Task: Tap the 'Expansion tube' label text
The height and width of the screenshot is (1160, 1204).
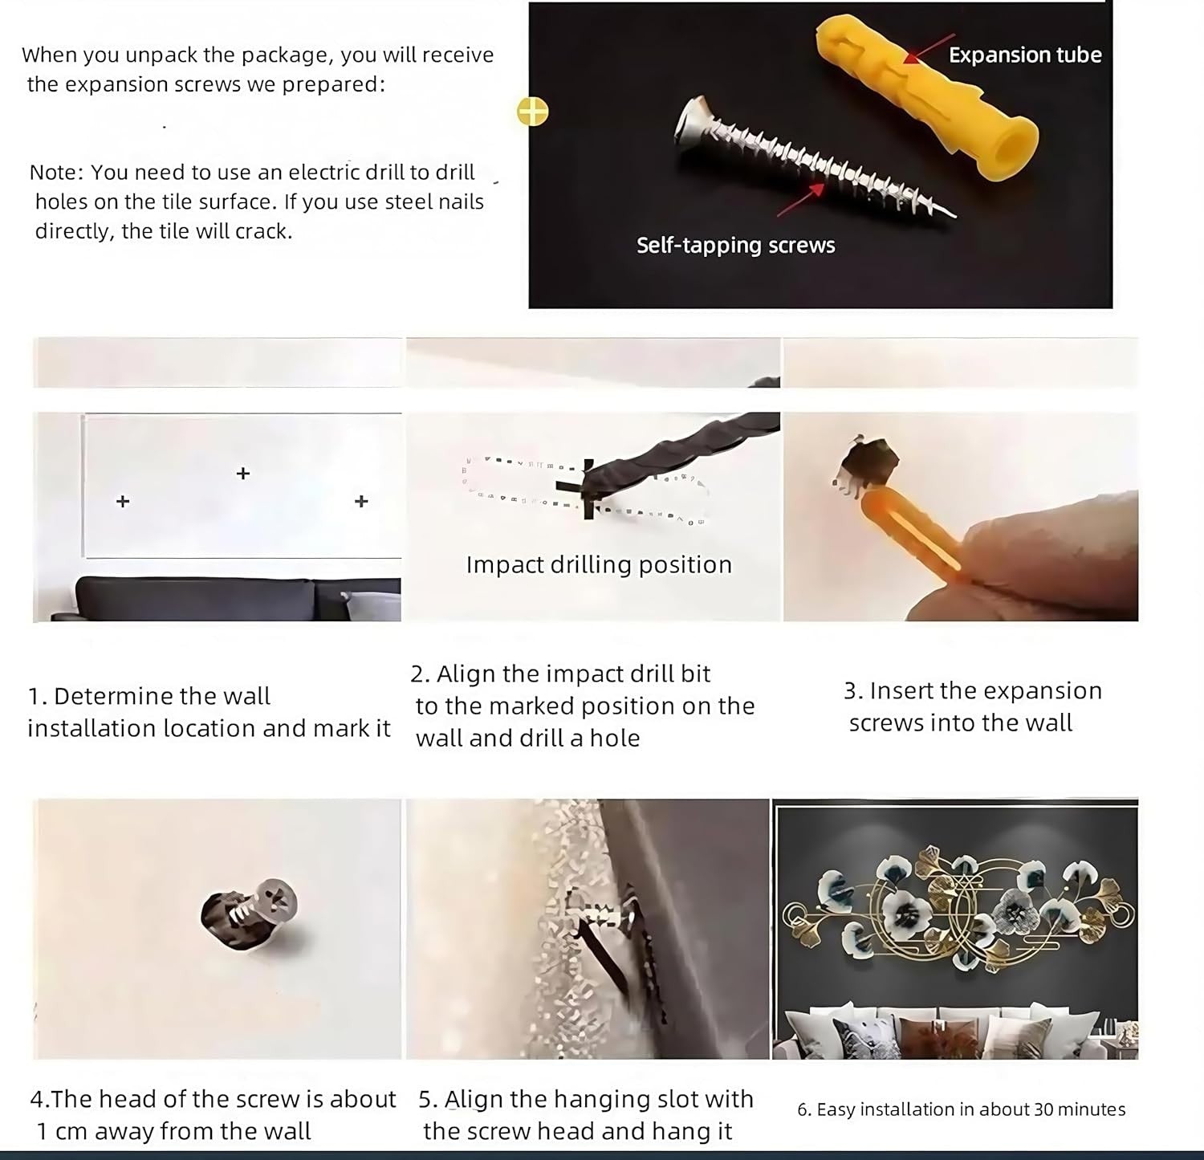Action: (x=1025, y=55)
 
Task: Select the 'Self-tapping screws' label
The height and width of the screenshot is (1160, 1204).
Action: (x=735, y=245)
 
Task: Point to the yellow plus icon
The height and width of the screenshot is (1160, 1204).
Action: (x=532, y=112)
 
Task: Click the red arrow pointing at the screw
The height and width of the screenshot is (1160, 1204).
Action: (x=801, y=200)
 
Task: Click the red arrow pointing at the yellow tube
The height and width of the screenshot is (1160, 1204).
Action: (x=929, y=48)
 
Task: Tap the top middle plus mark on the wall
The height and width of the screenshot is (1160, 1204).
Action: (x=243, y=474)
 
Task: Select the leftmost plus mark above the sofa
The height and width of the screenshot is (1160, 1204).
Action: (x=123, y=501)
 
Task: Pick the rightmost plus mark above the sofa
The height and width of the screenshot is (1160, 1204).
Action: (x=361, y=501)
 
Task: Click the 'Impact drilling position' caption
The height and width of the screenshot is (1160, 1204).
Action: (x=599, y=564)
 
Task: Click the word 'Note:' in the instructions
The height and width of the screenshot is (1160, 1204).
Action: (x=56, y=173)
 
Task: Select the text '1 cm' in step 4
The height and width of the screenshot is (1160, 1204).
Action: (x=62, y=1131)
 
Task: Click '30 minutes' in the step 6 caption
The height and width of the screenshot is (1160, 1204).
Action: (x=1080, y=1109)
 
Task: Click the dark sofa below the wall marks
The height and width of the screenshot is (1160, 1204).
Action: (x=226, y=599)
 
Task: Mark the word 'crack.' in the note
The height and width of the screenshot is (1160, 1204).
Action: (x=263, y=231)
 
